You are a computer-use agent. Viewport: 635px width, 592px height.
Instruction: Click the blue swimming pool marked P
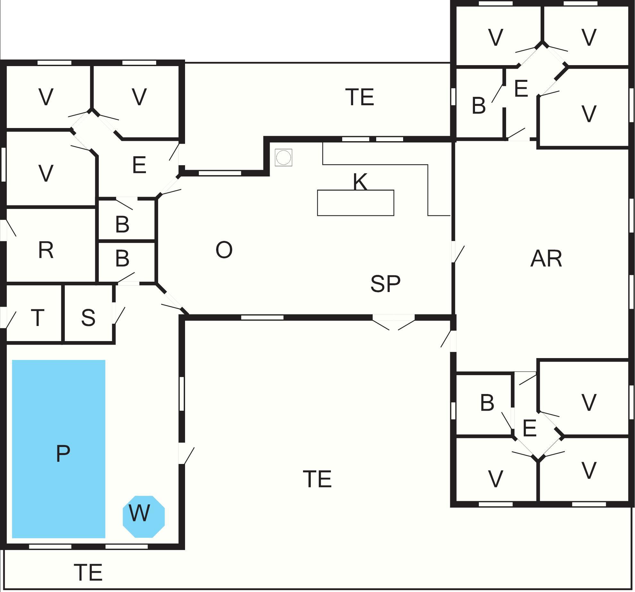pyautogui.click(x=59, y=449)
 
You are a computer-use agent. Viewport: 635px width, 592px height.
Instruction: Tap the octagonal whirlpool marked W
pyautogui.click(x=143, y=516)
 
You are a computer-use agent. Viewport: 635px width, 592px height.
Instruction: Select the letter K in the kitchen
pyautogui.click(x=360, y=182)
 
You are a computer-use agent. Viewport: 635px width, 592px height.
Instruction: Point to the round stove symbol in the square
pyautogui.click(x=284, y=158)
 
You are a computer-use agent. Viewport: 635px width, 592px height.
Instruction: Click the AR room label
pyautogui.click(x=546, y=259)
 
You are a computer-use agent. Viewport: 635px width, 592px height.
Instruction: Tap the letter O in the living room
pyautogui.click(x=224, y=250)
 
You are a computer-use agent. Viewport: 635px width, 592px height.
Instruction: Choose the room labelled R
pyautogui.click(x=46, y=250)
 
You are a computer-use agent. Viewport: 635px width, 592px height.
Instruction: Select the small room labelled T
pyautogui.click(x=38, y=318)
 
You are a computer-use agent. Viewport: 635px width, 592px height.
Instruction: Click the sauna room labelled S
pyautogui.click(x=88, y=318)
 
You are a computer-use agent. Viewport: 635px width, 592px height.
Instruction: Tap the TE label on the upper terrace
pyautogui.click(x=360, y=97)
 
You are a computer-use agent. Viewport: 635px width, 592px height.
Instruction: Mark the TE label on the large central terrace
pyautogui.click(x=317, y=479)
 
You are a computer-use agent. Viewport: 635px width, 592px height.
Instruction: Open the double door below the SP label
pyautogui.click(x=394, y=321)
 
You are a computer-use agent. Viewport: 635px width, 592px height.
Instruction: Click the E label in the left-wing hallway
pyautogui.click(x=139, y=165)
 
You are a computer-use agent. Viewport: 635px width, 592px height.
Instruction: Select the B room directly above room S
pyautogui.click(x=122, y=258)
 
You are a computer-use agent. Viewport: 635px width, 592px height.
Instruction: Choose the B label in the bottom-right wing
pyautogui.click(x=487, y=403)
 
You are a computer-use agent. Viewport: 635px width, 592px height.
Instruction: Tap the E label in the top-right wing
pyautogui.click(x=521, y=88)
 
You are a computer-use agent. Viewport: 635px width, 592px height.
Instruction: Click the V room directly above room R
pyautogui.click(x=46, y=173)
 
